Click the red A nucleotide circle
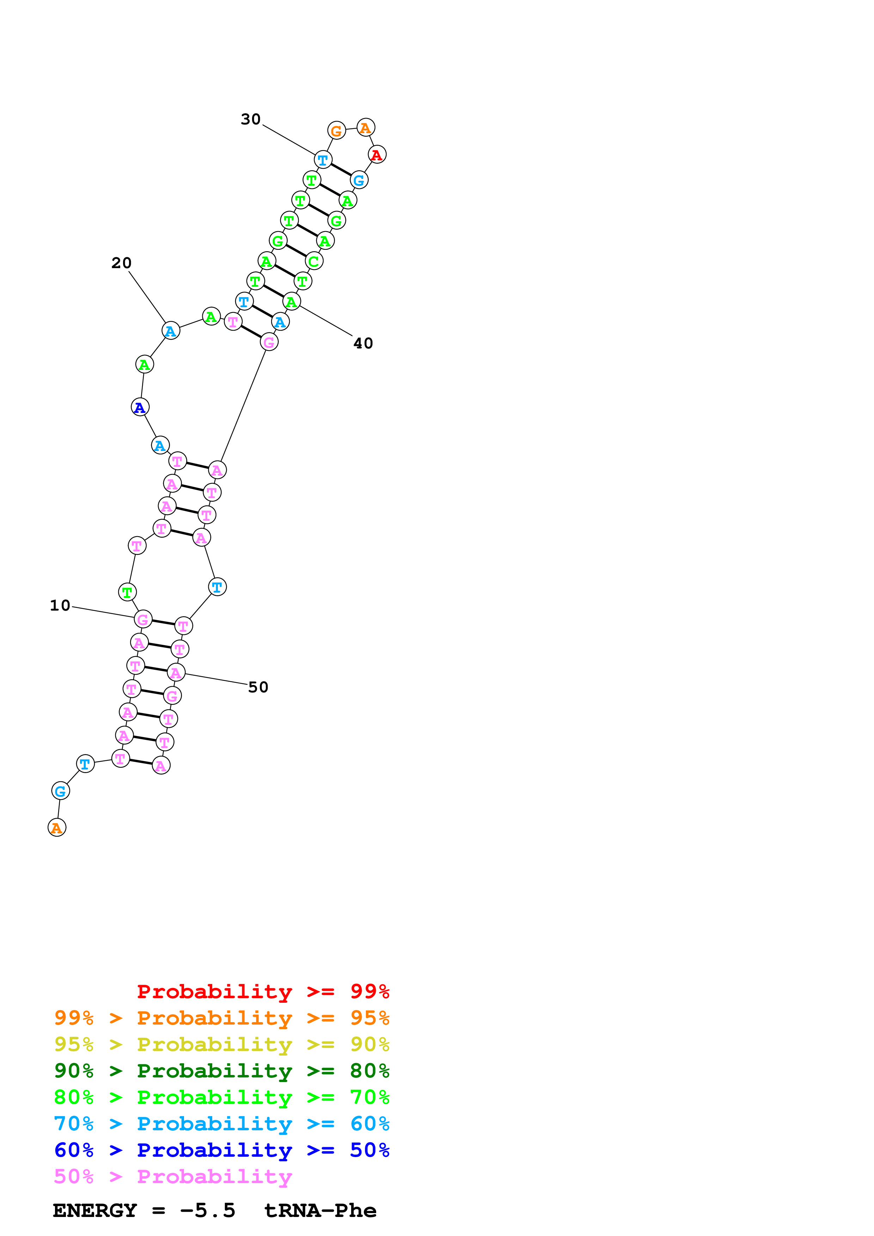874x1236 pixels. pos(377,154)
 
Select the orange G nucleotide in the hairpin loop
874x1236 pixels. pos(337,130)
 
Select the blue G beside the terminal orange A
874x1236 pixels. pos(60,791)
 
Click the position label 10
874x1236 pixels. pos(60,606)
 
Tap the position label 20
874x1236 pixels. pos(122,263)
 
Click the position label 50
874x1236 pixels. pos(258,687)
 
